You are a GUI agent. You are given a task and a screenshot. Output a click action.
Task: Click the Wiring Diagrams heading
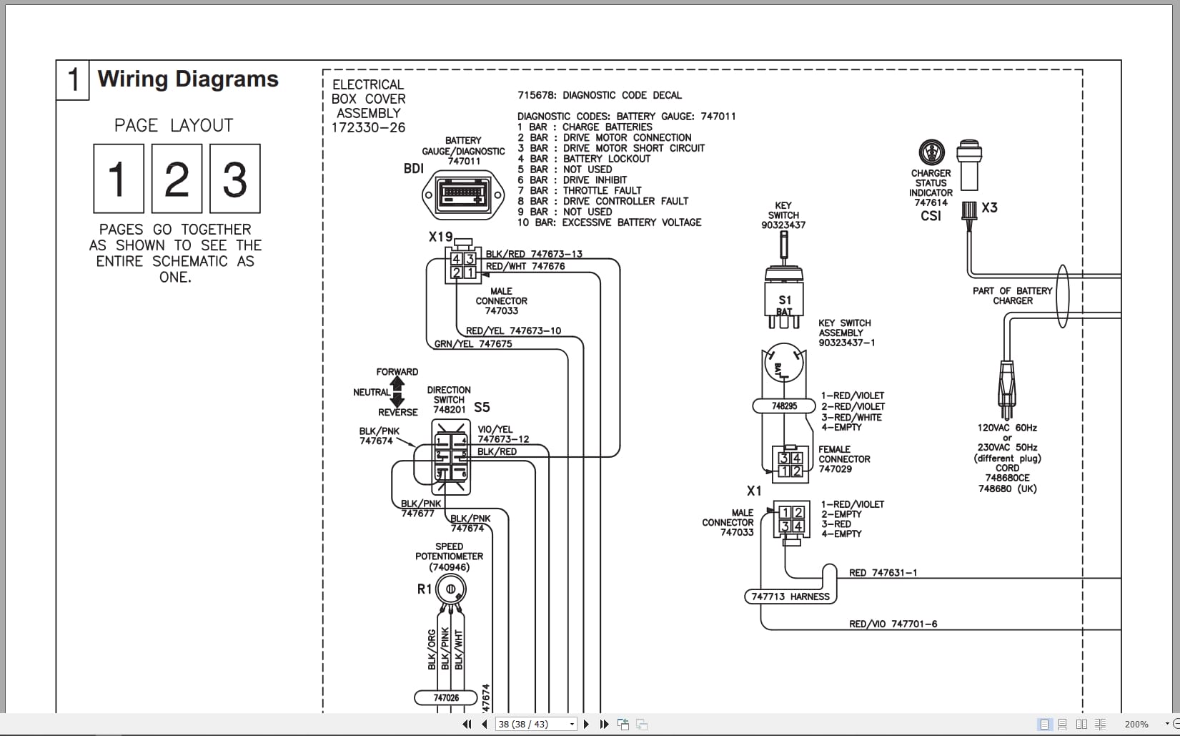click(188, 79)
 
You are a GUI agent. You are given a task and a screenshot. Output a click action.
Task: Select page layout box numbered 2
click(177, 179)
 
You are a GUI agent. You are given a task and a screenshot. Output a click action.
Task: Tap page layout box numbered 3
click(234, 179)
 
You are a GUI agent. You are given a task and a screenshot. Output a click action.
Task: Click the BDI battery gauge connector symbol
click(463, 195)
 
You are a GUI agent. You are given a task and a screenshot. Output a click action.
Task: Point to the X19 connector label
click(440, 237)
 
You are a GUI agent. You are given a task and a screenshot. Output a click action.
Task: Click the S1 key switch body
click(784, 296)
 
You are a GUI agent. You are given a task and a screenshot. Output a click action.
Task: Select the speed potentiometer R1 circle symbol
click(451, 589)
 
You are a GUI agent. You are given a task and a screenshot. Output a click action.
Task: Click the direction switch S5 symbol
click(451, 457)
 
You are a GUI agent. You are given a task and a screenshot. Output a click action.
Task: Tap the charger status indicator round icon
click(931, 152)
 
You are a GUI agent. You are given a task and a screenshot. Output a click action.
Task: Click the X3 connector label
click(989, 208)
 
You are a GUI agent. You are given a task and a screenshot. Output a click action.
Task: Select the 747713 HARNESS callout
click(790, 597)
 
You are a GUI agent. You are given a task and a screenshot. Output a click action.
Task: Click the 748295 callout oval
click(784, 406)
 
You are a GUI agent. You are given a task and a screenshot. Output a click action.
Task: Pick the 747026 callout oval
click(446, 697)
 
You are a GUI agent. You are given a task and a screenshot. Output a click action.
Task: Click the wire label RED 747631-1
click(883, 573)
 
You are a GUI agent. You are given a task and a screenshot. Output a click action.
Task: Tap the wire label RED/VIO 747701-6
click(893, 624)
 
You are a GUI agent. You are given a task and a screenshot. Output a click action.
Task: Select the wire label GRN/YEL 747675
click(473, 344)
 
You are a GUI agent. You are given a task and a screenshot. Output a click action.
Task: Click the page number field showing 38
click(532, 724)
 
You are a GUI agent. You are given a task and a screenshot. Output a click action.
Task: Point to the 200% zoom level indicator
click(1136, 724)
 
